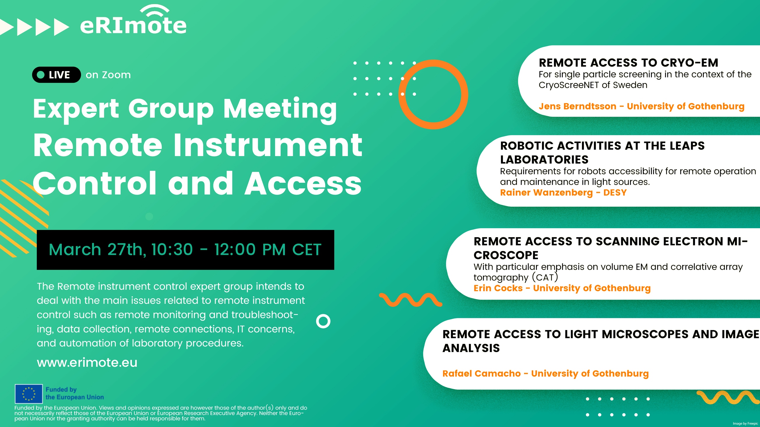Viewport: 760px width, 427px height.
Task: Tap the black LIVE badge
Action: click(x=56, y=75)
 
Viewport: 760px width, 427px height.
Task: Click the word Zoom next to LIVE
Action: click(x=116, y=75)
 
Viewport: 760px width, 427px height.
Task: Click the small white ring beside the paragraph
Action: click(x=323, y=321)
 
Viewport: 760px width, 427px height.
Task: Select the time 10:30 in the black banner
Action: click(x=172, y=250)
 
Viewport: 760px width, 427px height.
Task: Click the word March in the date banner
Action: click(x=75, y=250)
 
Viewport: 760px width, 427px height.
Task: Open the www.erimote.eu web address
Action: click(x=87, y=362)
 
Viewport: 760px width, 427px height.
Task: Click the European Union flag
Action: click(x=29, y=394)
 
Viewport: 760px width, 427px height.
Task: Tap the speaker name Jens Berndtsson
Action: click(x=577, y=106)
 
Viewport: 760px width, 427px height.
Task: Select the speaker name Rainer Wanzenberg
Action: click(x=546, y=192)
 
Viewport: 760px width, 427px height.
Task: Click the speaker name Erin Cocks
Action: click(x=498, y=288)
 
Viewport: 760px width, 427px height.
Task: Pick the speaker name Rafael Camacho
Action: click(x=481, y=373)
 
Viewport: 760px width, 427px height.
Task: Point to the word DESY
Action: click(x=615, y=192)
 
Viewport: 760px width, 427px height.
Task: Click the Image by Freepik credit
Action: click(x=745, y=424)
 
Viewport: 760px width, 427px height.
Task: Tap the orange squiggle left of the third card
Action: click(x=410, y=300)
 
